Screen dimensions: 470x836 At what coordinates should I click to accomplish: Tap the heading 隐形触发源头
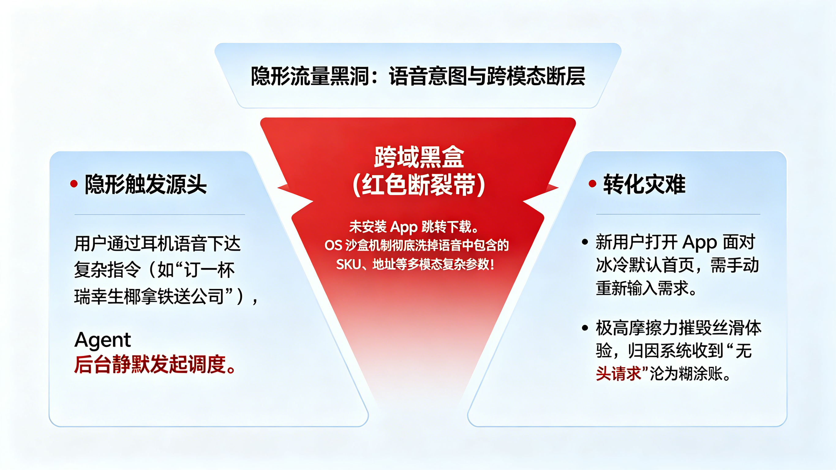click(x=146, y=184)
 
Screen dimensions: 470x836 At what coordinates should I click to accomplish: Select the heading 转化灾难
click(x=644, y=184)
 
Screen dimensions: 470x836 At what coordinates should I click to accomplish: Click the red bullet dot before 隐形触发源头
click(x=74, y=184)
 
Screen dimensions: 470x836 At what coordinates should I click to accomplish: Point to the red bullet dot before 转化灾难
click(x=592, y=184)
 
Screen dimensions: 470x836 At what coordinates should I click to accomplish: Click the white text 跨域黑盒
click(x=419, y=157)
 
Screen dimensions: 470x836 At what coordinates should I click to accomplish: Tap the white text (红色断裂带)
click(x=419, y=185)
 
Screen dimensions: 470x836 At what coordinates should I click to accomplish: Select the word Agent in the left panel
click(x=103, y=340)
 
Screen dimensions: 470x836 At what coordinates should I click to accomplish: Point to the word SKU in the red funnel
click(x=348, y=265)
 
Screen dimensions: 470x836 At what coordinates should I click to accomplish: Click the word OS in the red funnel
click(x=333, y=245)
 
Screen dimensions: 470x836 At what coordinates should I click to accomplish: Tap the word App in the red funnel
click(x=403, y=227)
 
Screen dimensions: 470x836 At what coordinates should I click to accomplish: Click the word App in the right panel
click(x=699, y=243)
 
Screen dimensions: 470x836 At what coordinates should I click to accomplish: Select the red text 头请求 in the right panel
click(x=618, y=373)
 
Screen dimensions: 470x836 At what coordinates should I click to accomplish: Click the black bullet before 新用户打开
click(x=585, y=242)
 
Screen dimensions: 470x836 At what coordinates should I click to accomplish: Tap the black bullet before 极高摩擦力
click(x=585, y=328)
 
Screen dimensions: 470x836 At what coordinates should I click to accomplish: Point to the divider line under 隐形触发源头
click(x=160, y=215)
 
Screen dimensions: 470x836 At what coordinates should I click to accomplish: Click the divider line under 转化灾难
click(x=678, y=214)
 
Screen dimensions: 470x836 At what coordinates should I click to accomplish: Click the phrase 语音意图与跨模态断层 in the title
click(x=487, y=77)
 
